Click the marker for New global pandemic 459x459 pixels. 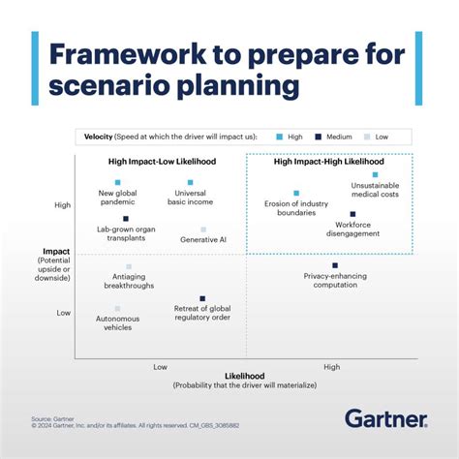[117, 182]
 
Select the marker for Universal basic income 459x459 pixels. [190, 182]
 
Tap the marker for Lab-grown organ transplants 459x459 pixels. [125, 219]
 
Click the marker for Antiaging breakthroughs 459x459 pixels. [129, 266]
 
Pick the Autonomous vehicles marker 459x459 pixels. [117, 309]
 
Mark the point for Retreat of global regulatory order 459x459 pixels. [202, 298]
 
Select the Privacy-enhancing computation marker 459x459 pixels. [335, 265]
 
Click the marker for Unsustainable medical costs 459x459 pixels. [375, 175]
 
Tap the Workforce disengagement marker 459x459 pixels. [352, 214]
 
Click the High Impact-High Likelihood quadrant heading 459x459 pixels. [328, 162]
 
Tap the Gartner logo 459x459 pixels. [385, 418]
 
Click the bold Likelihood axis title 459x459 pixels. [244, 376]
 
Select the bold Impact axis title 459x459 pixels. [49, 251]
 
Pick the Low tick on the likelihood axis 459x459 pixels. [160, 366]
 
